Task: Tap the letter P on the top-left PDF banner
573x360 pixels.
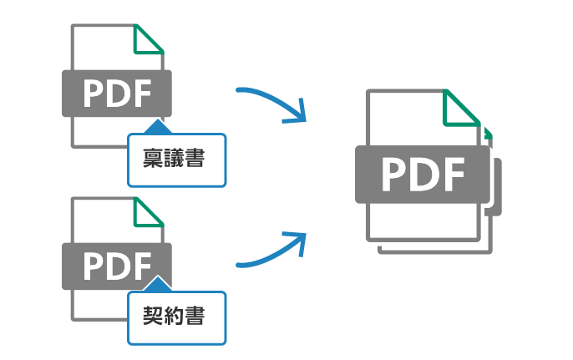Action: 93,93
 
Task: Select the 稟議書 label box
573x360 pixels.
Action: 176,159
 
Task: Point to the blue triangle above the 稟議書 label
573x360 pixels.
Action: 156,127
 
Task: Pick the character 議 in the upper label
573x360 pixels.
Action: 176,159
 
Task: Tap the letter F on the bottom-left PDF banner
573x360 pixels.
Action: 143,265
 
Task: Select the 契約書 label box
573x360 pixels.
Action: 176,318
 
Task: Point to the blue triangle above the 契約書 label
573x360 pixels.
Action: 156,286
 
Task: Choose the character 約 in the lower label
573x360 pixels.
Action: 176,318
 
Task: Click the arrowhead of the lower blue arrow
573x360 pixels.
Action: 297,243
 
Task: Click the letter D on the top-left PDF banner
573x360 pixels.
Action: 118,93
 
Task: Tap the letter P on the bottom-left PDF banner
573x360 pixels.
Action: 93,265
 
